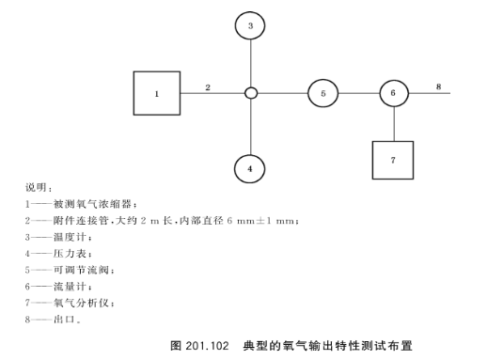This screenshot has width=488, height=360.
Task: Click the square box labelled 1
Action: pos(157,94)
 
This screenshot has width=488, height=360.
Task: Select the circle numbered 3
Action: pos(250,26)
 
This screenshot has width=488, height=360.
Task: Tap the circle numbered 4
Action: pos(250,168)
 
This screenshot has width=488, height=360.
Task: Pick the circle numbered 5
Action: pos(323,94)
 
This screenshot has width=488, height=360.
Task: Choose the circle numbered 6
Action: pos(394,94)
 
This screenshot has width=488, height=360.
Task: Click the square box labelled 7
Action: pos(394,161)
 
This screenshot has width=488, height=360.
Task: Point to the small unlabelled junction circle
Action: pos(250,94)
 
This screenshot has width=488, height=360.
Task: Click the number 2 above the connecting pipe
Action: pos(208,86)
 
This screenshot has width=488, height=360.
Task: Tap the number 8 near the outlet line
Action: pos(437,86)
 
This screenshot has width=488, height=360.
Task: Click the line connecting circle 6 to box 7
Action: pos(394,123)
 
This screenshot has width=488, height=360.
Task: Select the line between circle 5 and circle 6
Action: pos(358,94)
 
